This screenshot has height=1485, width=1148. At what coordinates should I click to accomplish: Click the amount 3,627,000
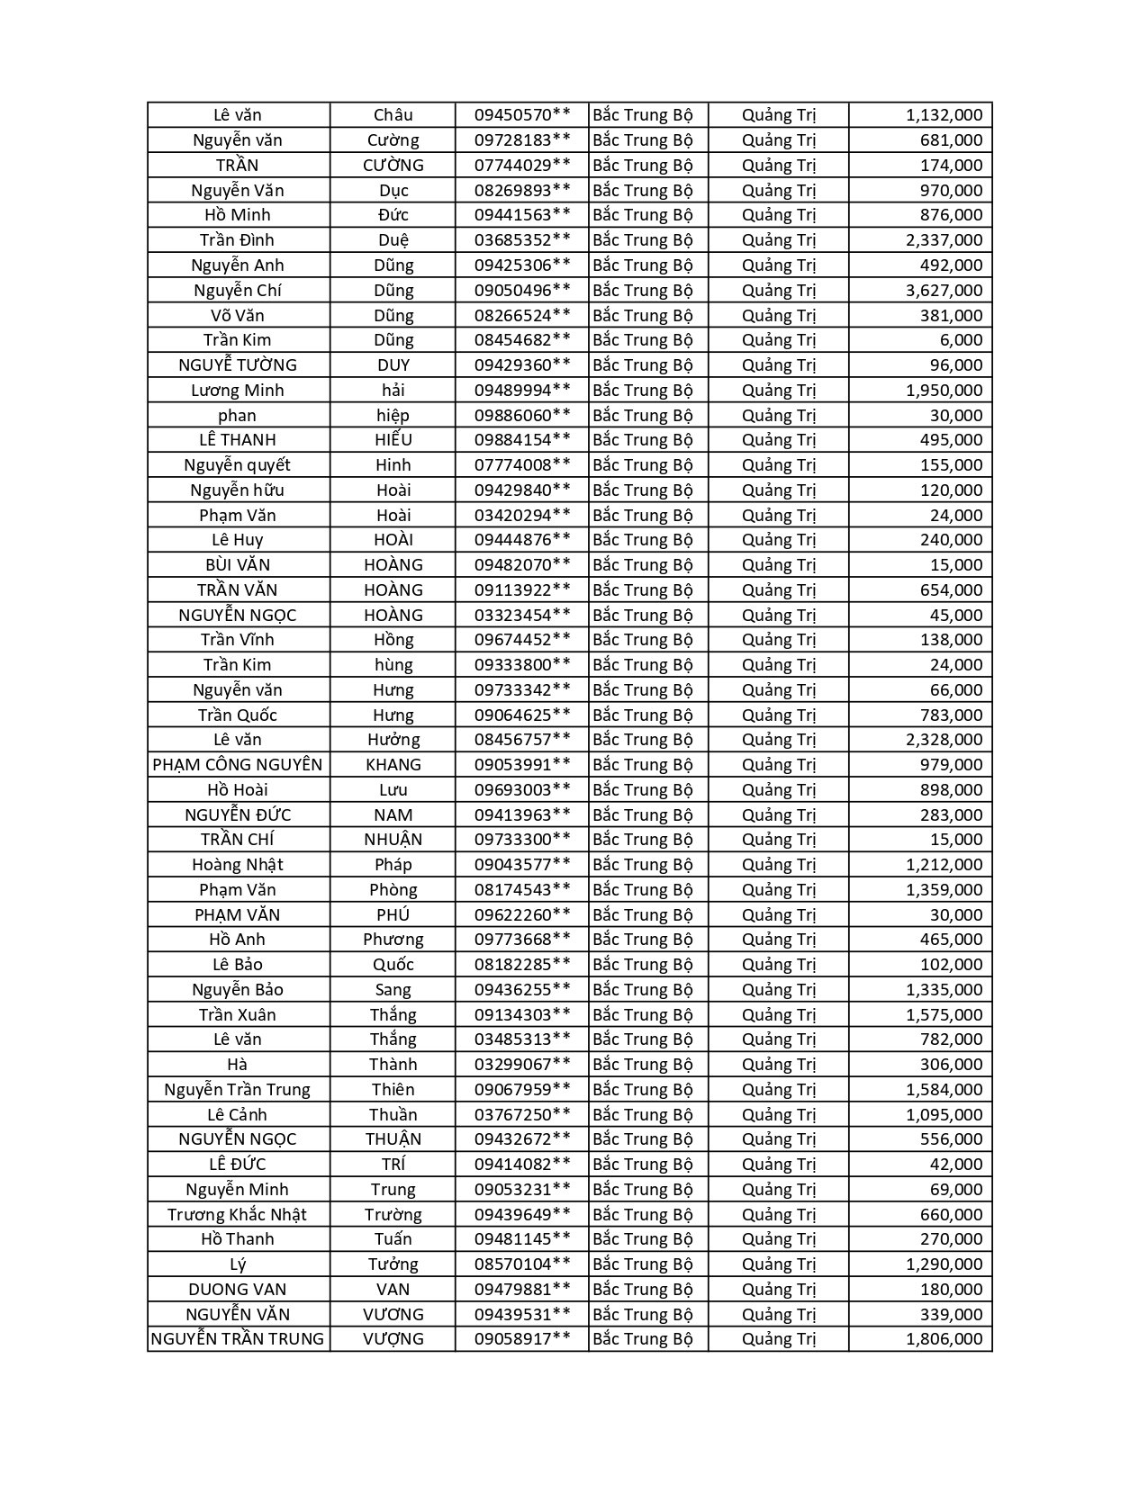click(944, 290)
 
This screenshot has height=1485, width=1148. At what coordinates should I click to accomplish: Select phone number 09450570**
click(522, 115)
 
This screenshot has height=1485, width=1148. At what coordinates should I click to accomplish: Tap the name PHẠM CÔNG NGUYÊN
click(238, 764)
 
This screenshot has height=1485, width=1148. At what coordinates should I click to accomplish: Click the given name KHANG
click(393, 764)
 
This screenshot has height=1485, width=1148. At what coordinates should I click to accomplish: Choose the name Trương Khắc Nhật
click(238, 1214)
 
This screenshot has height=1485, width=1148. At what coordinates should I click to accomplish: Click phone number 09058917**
click(522, 1338)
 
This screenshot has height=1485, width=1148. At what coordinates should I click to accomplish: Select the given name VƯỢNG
click(393, 1338)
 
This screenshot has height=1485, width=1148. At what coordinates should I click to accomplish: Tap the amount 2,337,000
click(944, 240)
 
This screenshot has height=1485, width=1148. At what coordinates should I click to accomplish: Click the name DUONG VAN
click(238, 1289)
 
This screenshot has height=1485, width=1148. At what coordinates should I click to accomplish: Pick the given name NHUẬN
click(393, 839)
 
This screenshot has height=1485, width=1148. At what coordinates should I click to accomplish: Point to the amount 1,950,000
click(944, 390)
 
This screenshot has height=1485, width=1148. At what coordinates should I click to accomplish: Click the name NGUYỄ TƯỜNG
click(238, 364)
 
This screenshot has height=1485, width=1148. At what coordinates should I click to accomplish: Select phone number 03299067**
click(522, 1064)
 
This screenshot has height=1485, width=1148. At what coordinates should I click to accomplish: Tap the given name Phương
click(393, 939)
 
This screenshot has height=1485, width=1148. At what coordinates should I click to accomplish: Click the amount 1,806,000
click(944, 1338)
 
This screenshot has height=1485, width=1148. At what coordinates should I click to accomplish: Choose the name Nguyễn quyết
click(238, 464)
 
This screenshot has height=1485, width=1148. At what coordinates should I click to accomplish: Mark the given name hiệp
click(393, 415)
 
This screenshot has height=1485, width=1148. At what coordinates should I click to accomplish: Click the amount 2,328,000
click(944, 739)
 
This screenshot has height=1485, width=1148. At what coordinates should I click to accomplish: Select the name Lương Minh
click(238, 390)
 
